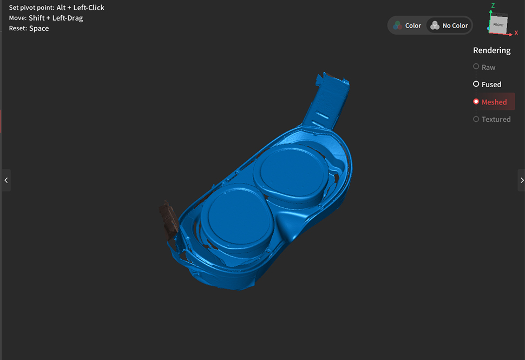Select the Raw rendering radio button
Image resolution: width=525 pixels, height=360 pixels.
(476, 67)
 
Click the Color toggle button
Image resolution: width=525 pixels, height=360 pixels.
(407, 25)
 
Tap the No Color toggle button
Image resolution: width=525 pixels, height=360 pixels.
(449, 25)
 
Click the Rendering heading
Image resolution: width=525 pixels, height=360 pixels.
(491, 50)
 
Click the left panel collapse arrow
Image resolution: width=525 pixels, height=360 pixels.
(6, 180)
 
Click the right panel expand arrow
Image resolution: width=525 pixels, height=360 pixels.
(522, 180)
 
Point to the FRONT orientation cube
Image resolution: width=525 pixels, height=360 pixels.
(498, 24)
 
